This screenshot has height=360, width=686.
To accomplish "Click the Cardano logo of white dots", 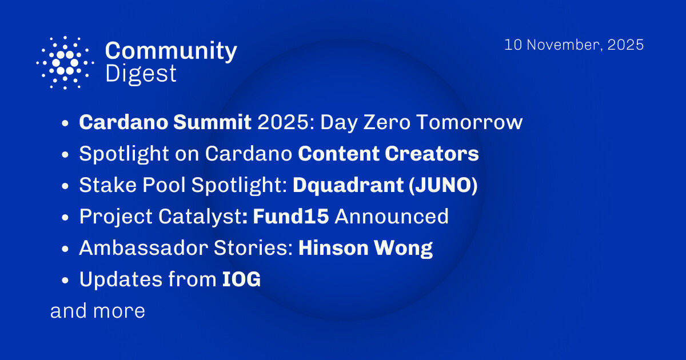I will (x=65, y=62).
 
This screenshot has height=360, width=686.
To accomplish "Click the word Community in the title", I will (x=171, y=51).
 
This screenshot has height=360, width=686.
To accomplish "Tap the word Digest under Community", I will (x=141, y=74).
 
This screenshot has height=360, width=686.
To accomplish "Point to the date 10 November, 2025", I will (x=574, y=45).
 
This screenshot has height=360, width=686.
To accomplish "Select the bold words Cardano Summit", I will (x=165, y=122).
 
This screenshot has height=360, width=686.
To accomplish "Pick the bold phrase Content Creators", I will (x=389, y=154).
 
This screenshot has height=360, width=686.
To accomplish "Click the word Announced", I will (x=392, y=217).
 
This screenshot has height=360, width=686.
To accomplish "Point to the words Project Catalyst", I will (x=158, y=217).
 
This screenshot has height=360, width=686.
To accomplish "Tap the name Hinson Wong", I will (x=365, y=248).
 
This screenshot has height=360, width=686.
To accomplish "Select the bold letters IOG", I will (x=241, y=279).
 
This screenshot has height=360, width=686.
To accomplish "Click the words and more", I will (x=98, y=311).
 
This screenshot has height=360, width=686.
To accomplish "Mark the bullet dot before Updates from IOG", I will (x=66, y=281).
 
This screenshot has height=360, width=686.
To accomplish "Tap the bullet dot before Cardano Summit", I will (x=66, y=123).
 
